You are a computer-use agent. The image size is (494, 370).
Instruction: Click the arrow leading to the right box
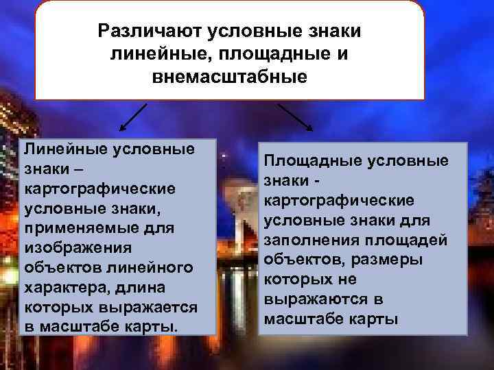[x=296, y=117]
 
